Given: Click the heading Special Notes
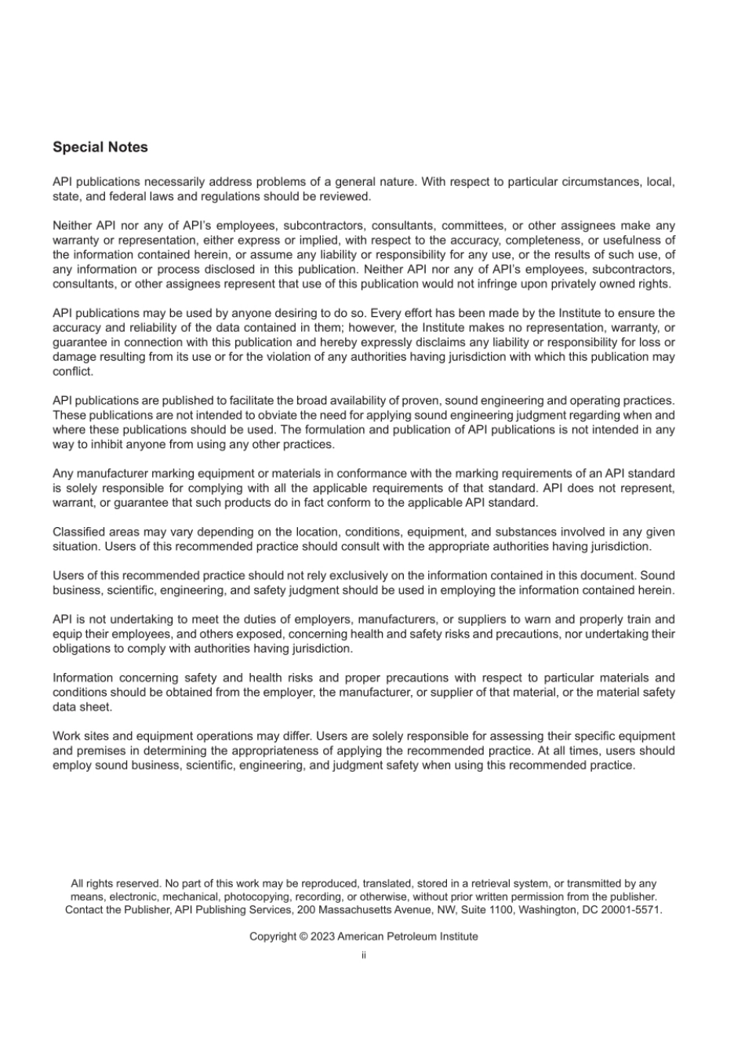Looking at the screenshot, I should pyautogui.click(x=100, y=147).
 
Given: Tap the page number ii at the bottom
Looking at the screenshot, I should pyautogui.click(x=363, y=955).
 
